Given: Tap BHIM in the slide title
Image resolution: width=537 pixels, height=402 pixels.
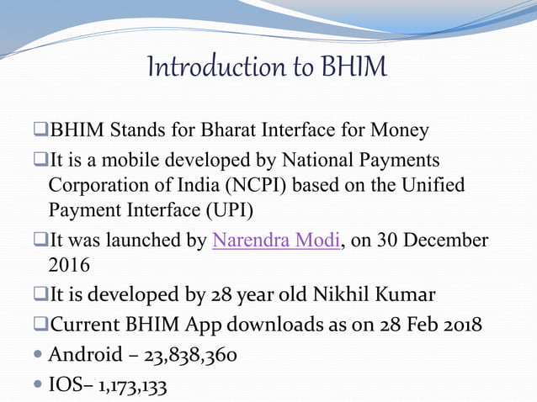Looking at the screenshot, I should pos(354,66).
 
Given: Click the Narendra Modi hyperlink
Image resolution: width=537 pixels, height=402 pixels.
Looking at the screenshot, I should pos(276,241).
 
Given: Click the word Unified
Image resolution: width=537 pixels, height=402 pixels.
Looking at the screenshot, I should pos(431,185).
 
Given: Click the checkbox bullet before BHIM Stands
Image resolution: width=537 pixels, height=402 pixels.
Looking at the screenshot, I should pos(40,131).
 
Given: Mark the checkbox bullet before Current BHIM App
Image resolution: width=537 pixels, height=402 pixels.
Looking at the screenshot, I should pos(40,324).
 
